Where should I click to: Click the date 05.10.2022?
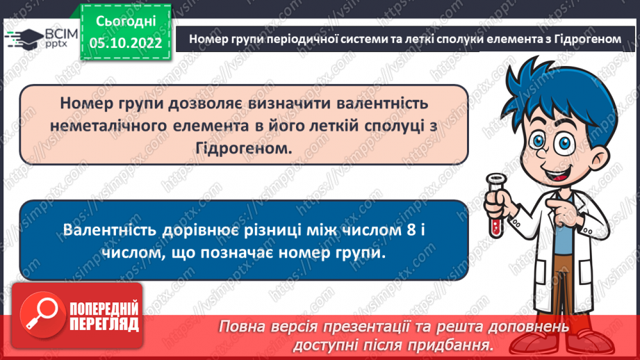pyautogui.click(x=125, y=42)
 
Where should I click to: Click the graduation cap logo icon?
pyautogui.click(x=21, y=38)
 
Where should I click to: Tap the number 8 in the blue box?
pyautogui.click(x=411, y=230)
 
